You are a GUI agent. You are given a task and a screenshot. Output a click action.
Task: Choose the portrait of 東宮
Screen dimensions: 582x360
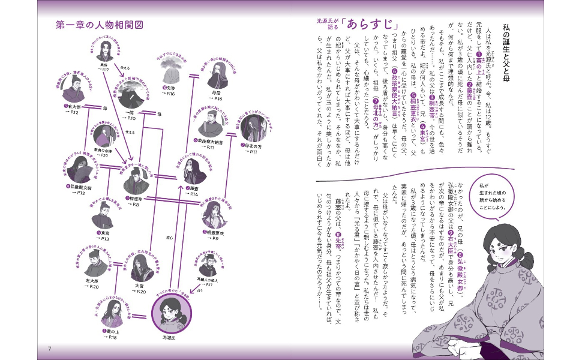(103, 214)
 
